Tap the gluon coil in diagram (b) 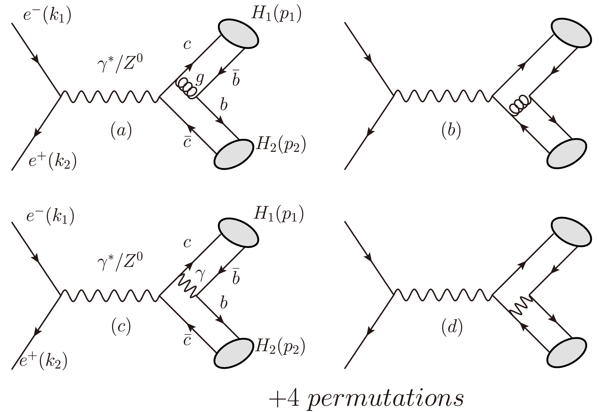click(519, 106)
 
